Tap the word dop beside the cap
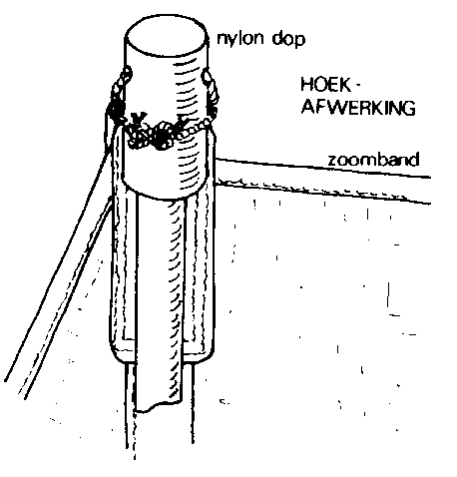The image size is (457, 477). (288, 39)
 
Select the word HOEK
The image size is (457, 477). (325, 85)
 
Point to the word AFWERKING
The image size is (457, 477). (358, 107)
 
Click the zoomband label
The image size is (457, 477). (373, 160)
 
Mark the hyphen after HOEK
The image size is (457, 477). (357, 85)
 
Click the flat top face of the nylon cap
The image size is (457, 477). (167, 35)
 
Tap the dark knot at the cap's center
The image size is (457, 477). (161, 136)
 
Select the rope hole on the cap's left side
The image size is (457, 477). (128, 73)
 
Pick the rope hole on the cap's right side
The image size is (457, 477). (207, 76)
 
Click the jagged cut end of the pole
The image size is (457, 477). (159, 405)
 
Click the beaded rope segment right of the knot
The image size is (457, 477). (193, 130)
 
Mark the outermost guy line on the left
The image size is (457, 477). (57, 266)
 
